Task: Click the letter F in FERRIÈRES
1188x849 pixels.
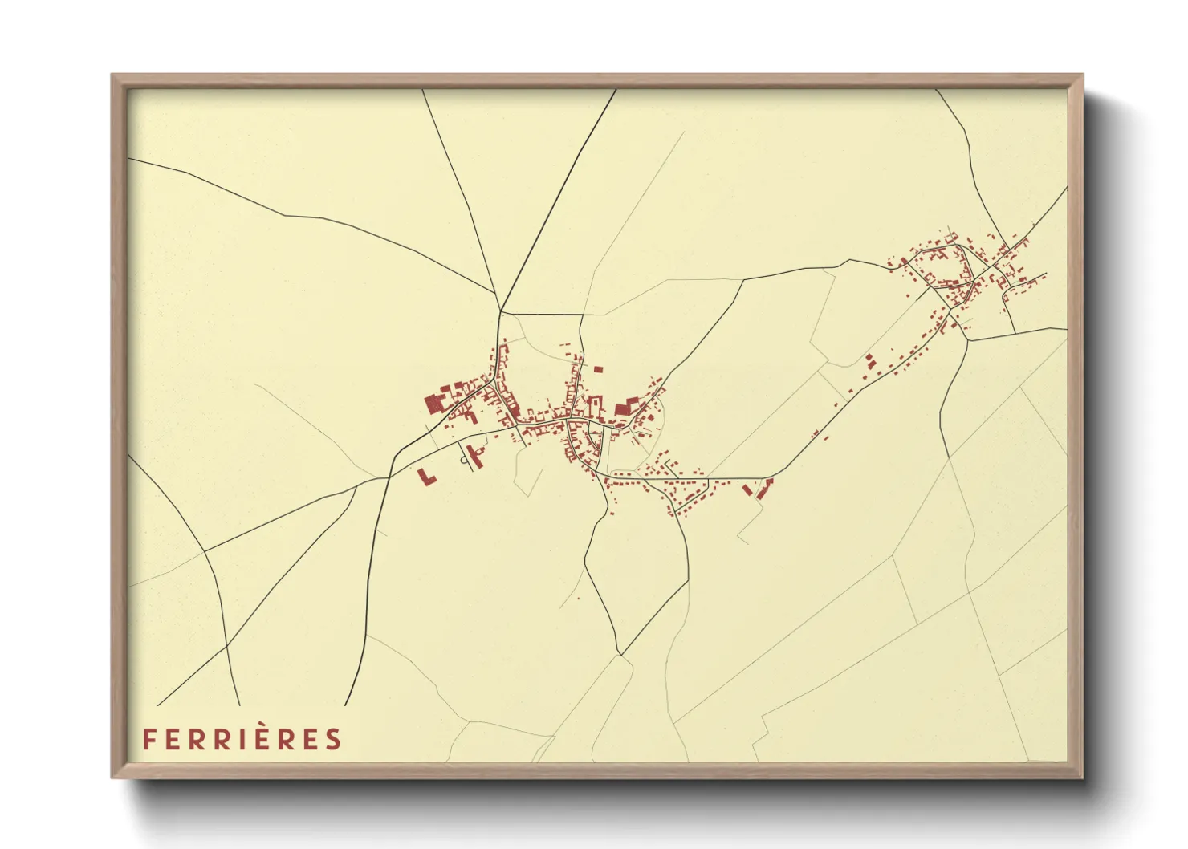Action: pyautogui.click(x=149, y=739)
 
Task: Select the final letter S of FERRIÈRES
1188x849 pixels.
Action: pyautogui.click(x=333, y=739)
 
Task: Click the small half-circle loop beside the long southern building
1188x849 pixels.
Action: pyautogui.click(x=464, y=460)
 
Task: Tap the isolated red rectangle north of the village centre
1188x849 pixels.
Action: pyautogui.click(x=598, y=370)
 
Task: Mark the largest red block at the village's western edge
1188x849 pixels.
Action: pyautogui.click(x=434, y=403)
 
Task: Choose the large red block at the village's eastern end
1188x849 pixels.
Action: pyautogui.click(x=625, y=407)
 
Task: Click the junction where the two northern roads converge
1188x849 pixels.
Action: pyautogui.click(x=501, y=311)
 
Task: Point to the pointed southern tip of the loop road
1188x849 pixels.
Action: pyautogui.click(x=620, y=653)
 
